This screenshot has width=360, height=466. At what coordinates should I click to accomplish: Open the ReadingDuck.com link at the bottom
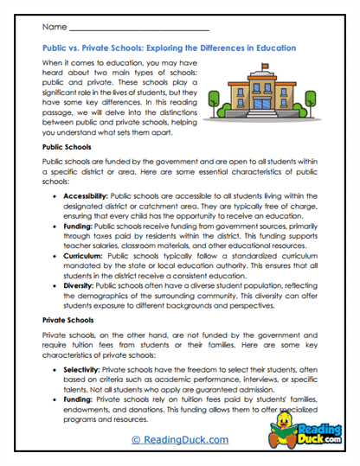tap(180, 440)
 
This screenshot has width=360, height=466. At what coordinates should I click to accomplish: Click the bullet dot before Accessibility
tap(55, 198)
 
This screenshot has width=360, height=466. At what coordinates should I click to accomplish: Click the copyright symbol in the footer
tap(136, 440)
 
